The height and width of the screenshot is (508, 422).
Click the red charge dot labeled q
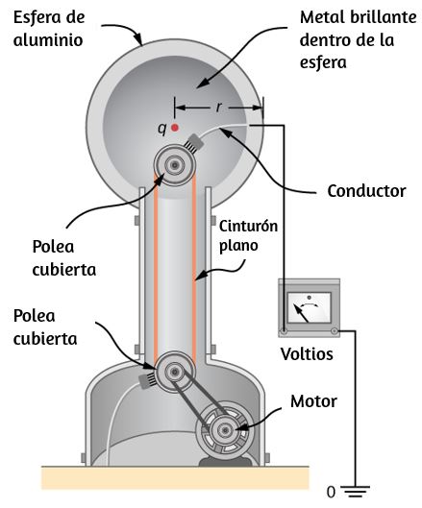tap(175, 128)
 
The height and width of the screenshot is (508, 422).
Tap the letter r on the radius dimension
tap(219, 107)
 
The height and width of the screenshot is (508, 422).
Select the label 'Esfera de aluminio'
tap(49, 29)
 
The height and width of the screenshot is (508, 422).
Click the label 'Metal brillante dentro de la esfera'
tap(358, 39)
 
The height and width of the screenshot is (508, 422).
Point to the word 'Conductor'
tap(366, 191)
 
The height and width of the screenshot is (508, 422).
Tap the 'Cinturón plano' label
tap(248, 235)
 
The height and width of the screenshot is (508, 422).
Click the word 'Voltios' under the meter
tap(307, 354)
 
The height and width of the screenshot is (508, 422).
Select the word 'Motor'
tap(313, 401)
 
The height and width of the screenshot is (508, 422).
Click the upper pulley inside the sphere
tap(175, 165)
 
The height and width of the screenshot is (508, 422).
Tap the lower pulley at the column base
tap(175, 372)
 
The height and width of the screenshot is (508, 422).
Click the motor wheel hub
tap(225, 430)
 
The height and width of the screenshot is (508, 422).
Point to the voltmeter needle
tap(301, 313)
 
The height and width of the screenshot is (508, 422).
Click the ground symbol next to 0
tap(356, 491)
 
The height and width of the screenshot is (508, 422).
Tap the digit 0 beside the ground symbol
tap(331, 493)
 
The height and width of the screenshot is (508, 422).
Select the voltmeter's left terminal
tap(285, 331)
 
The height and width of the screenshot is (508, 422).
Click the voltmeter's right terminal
tap(335, 331)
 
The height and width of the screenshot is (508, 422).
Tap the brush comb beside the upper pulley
tap(194, 142)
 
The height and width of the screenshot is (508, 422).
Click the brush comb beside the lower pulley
tap(148, 381)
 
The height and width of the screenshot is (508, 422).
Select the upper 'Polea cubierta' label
tap(63, 258)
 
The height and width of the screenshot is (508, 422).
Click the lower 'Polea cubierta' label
tap(45, 327)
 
